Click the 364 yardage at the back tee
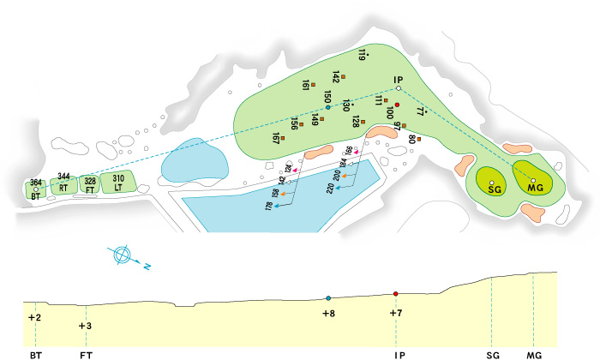[35, 183]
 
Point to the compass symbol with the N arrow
[123, 255]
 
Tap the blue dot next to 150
[327, 107]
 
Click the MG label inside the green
[537, 188]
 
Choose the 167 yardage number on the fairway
[276, 137]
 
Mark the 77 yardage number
[420, 111]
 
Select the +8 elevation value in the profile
[328, 314]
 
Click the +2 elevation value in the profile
[34, 318]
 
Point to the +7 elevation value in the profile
[395, 313]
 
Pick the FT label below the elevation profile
[86, 352]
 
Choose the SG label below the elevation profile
[492, 352]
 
